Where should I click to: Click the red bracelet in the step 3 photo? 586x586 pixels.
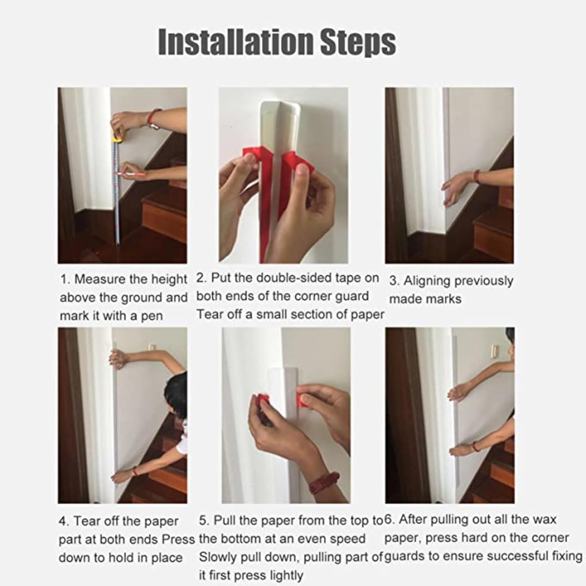click(x=476, y=176)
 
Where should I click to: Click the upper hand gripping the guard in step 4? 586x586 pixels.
click(x=117, y=357)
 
